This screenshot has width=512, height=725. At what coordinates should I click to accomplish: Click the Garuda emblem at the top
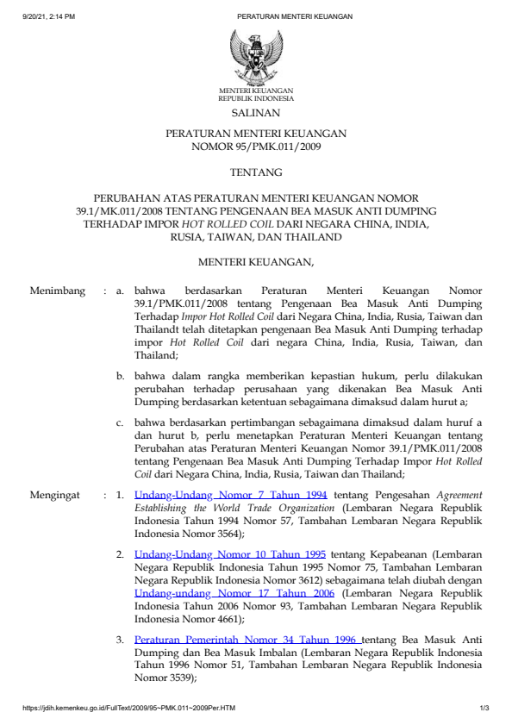[255, 56]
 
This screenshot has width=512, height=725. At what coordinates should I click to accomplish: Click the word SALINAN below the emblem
[255, 112]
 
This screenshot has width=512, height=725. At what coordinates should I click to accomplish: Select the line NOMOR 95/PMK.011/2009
[255, 147]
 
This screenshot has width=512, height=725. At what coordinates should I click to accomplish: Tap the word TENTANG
[255, 172]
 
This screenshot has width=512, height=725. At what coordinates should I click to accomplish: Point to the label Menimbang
[58, 291]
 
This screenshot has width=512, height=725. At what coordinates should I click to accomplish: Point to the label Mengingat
[57, 496]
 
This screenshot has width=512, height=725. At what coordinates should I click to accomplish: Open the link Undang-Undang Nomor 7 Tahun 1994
[230, 496]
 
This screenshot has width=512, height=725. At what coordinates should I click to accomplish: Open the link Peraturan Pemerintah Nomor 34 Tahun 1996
[247, 641]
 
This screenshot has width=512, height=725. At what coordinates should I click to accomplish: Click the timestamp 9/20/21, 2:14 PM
[49, 16]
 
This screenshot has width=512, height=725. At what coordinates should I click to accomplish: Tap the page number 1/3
[484, 709]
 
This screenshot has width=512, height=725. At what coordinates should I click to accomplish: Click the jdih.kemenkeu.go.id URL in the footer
[129, 709]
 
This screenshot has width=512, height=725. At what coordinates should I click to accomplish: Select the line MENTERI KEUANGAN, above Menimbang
[255, 261]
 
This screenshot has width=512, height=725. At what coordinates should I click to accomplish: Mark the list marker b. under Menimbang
[122, 377]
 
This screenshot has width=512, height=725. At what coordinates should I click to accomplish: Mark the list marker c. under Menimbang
[122, 422]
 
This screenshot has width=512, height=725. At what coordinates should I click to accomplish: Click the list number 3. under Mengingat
[121, 641]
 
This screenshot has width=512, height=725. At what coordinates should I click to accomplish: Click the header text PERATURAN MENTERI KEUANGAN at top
[294, 16]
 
